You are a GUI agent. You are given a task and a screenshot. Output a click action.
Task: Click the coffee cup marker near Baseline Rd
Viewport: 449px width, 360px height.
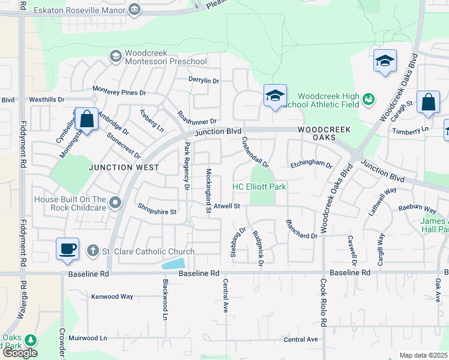click(x=67, y=248)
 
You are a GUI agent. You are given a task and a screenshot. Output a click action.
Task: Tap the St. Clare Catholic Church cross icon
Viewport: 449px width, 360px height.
click(x=92, y=250)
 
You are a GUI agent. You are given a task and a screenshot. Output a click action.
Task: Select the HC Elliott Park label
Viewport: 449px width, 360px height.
click(x=259, y=187)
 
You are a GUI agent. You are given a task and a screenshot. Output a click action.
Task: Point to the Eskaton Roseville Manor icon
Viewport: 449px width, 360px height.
click(x=134, y=10)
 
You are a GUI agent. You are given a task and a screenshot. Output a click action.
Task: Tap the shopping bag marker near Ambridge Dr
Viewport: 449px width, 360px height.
click(x=87, y=119)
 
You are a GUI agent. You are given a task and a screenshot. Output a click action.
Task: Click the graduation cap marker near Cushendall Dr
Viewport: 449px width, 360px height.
click(x=275, y=96)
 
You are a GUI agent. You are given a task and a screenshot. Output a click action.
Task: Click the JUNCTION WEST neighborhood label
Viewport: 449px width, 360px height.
click(x=124, y=167)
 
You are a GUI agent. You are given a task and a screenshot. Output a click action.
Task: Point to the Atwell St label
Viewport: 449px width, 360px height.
click(x=226, y=206)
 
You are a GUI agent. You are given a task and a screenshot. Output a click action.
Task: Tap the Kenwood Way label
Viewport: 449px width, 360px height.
click(x=112, y=296)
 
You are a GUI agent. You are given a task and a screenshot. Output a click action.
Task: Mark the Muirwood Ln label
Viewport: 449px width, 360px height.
click(x=88, y=338)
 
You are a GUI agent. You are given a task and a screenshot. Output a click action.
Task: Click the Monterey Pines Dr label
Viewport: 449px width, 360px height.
click(x=119, y=92)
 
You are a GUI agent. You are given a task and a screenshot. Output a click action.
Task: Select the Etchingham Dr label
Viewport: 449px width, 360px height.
click(x=311, y=164)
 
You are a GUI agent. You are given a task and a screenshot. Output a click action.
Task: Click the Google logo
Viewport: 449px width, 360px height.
click(x=20, y=353)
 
